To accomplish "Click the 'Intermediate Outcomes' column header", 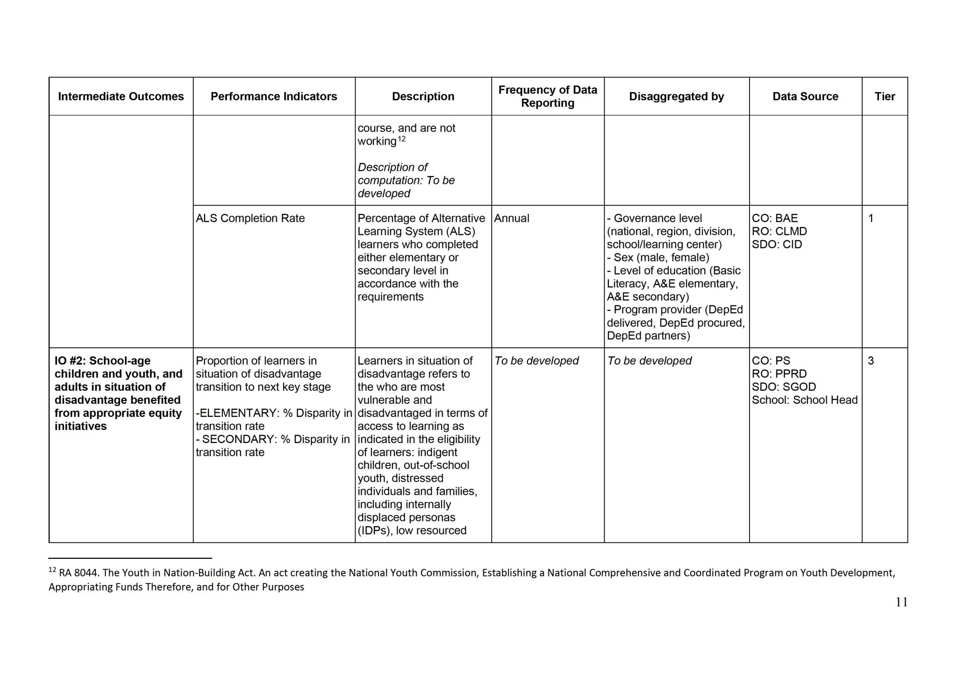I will coord(121,96).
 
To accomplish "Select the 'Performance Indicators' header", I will coord(273,96).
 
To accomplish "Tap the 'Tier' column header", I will coord(885,96).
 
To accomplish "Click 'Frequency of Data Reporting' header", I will coord(547,96).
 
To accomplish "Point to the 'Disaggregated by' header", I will coord(676,96).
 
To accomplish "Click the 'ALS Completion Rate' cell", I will coord(250,218).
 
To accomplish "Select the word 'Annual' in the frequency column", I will coord(512,218).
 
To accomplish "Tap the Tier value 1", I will coord(871,218).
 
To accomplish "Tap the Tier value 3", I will coord(871,360).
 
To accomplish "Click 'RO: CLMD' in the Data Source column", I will coord(779,231).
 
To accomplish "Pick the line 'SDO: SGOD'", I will coord(784,387).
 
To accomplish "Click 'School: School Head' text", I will coord(804,400).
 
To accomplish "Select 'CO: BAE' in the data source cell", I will coord(775,218).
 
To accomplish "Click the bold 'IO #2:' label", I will coord(70,360).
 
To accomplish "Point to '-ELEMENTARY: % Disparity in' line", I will coord(274,413).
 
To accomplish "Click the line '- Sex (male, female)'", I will coord(658,257).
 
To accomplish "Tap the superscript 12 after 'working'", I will coord(401,139).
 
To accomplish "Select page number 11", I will coord(901,602).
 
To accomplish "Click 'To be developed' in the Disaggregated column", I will coord(649,360).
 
